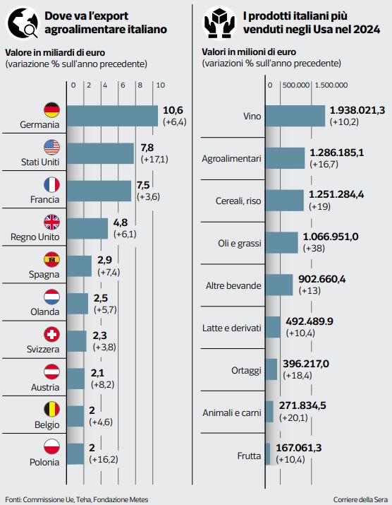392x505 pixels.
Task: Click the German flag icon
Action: pos(51,109)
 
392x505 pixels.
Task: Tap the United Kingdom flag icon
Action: pos(51,222)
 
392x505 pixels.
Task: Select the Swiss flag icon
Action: pos(51,333)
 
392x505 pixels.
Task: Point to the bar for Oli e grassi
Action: pos(283,242)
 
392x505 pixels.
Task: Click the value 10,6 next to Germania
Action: pos(173,110)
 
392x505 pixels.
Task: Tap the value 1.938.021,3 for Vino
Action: pos(357,110)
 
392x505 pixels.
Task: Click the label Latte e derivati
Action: pos(232,328)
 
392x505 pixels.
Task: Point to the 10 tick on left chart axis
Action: pos(160,85)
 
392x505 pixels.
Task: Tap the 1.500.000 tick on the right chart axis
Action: pos(331,85)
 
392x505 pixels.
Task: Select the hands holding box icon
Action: pos(219,22)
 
